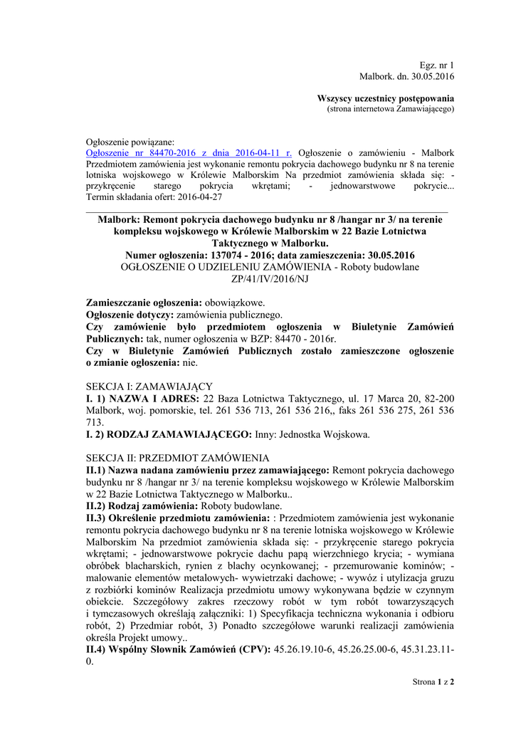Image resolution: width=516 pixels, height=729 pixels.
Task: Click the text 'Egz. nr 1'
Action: [x=437, y=65]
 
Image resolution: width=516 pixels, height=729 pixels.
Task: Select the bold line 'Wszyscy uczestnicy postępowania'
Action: [x=385, y=98]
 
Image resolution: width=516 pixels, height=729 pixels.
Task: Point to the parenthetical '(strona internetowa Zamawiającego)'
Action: [x=390, y=109]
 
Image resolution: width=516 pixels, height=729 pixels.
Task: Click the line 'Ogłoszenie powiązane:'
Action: [x=129, y=142]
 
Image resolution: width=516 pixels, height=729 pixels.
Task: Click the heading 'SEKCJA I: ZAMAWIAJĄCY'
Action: [x=149, y=386]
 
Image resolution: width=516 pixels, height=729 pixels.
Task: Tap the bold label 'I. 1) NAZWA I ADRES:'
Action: [x=143, y=398]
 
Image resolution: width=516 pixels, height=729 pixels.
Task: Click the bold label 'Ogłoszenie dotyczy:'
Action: [x=130, y=314]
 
